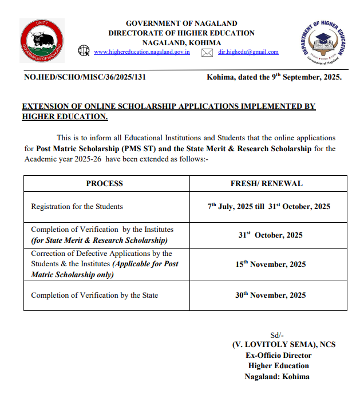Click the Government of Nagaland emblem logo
pyautogui.click(x=42, y=41)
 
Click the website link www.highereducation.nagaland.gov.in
pyautogui.click(x=141, y=52)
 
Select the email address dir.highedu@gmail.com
pyautogui.click(x=248, y=52)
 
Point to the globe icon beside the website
pyautogui.click(x=84, y=52)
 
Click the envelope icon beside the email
pyautogui.click(x=207, y=53)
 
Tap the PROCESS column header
pyautogui.click(x=105, y=184)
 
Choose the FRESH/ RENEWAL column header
pyautogui.click(x=267, y=184)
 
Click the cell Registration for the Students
pyautogui.click(x=77, y=207)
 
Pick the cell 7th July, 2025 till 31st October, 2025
pyautogui.click(x=269, y=207)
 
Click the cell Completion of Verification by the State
pyautogui.click(x=94, y=295)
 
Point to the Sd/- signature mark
pyautogui.click(x=277, y=335)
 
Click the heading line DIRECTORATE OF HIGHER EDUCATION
pyautogui.click(x=181, y=33)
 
